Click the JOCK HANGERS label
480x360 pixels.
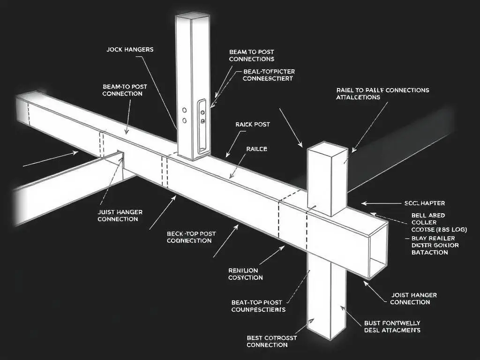(x=130, y=49)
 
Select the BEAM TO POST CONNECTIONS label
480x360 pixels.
(x=251, y=55)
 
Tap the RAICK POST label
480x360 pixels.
(x=252, y=125)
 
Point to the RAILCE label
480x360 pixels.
(x=256, y=149)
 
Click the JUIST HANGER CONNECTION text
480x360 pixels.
(x=120, y=216)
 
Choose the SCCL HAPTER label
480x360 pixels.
(x=424, y=203)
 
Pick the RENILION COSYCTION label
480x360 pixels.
(x=245, y=274)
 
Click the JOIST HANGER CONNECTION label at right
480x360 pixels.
(x=413, y=299)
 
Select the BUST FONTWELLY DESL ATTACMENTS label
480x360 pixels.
(x=392, y=327)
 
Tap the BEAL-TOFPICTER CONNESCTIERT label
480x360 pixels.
(x=269, y=75)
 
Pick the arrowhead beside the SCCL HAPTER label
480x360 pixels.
(x=364, y=203)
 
